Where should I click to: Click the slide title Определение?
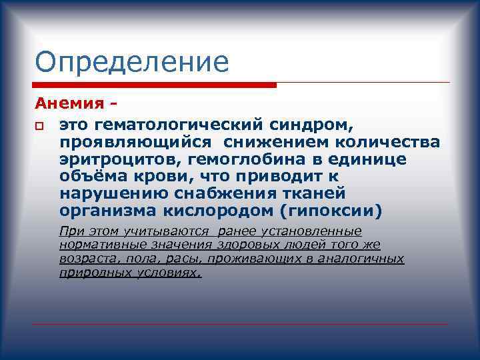click(132, 62)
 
